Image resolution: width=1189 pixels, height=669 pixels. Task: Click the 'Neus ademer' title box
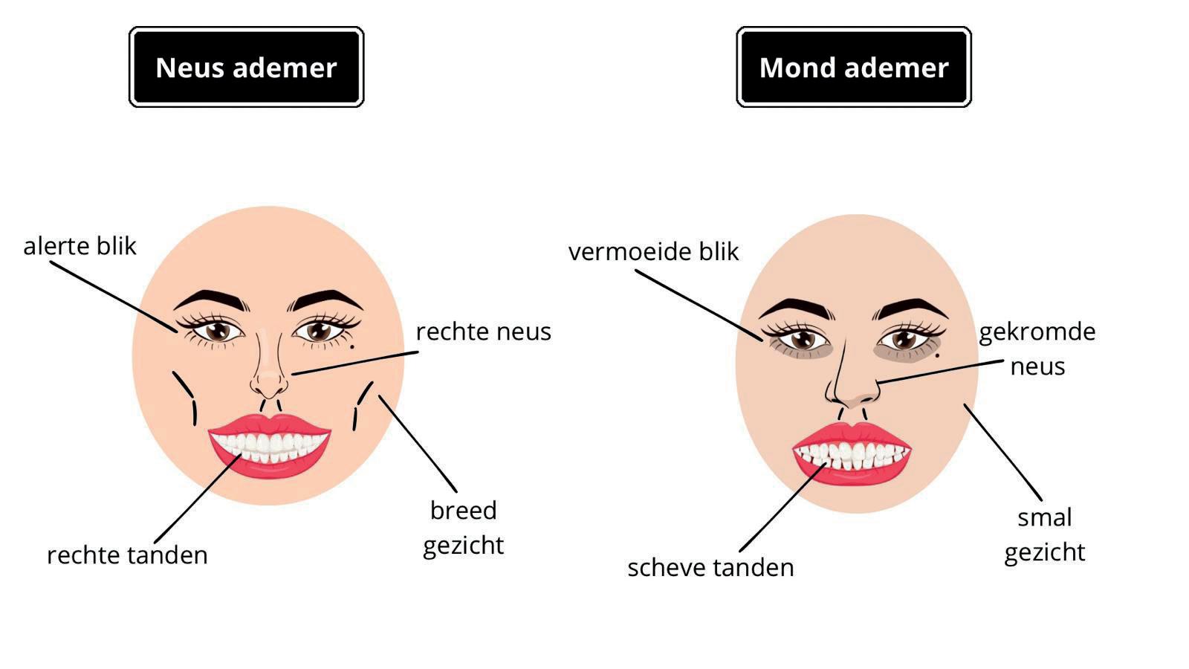tap(246, 68)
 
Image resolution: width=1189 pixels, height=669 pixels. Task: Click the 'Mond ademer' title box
tap(853, 68)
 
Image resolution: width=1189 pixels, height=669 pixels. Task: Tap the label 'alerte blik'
tap(80, 246)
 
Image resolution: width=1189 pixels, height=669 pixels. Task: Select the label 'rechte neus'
tap(483, 332)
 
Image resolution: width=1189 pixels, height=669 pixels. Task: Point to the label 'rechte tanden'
tap(127, 555)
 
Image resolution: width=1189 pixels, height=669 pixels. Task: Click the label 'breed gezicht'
tap(464, 528)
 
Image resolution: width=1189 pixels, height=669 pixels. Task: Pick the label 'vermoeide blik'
tap(653, 252)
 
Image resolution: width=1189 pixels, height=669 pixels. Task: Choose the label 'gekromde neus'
tap(1037, 349)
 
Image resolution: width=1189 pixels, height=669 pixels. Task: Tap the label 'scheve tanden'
tap(710, 568)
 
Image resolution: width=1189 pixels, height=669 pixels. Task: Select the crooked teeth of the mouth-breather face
tap(853, 454)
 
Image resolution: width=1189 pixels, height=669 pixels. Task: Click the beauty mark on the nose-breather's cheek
tap(351, 346)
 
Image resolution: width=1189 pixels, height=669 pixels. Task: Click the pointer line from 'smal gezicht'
tap(1003, 452)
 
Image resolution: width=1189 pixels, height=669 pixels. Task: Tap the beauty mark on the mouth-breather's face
tap(937, 355)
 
